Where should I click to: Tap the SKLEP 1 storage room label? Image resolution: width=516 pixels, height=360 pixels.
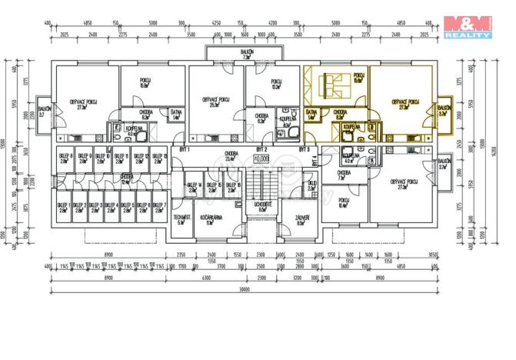point(62,207)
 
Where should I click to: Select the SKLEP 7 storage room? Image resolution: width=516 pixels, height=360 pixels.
point(158,207)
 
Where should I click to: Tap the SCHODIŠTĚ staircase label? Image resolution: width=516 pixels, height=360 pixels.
point(262,207)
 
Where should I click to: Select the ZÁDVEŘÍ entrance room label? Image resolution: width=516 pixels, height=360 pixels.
point(302,219)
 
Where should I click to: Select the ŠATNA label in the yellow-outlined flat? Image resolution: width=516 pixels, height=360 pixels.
point(311,114)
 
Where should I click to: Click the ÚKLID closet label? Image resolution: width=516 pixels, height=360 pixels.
point(311,185)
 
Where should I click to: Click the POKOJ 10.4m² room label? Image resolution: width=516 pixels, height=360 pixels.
point(343,204)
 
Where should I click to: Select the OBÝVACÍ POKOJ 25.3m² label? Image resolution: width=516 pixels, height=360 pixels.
point(215,102)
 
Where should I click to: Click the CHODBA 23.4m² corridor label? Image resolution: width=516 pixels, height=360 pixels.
point(231,156)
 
